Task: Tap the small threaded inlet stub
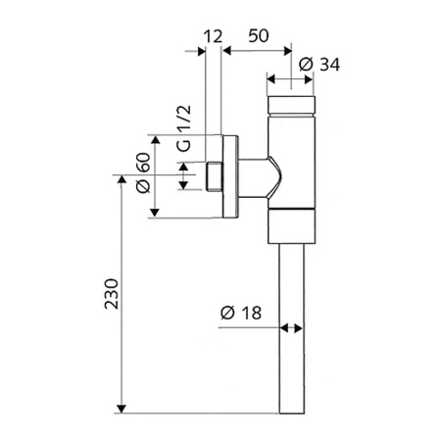coord(215,178)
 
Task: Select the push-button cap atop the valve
coord(291,104)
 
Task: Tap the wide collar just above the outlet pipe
coord(291,227)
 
